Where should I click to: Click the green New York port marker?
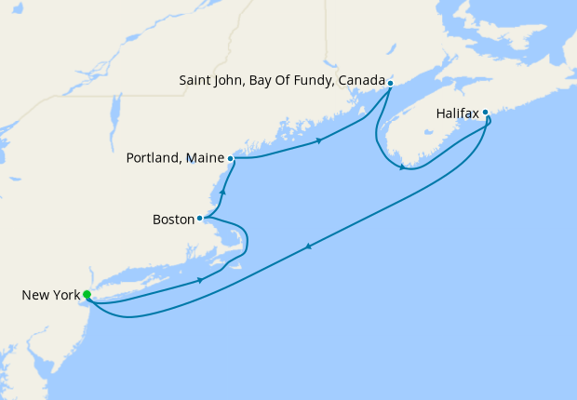(87, 295)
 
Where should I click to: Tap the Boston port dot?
(200, 219)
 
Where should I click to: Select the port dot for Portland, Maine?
(230, 158)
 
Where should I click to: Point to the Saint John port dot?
(390, 83)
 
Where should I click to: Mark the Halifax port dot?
(485, 113)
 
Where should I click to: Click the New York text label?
(49, 296)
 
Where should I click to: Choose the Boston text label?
(172, 220)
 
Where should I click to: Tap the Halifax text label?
(457, 113)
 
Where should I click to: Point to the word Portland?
(152, 159)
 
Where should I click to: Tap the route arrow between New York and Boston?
(200, 279)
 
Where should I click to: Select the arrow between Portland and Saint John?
(320, 140)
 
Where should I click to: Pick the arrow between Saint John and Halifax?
(402, 167)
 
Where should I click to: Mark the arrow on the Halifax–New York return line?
(307, 246)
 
